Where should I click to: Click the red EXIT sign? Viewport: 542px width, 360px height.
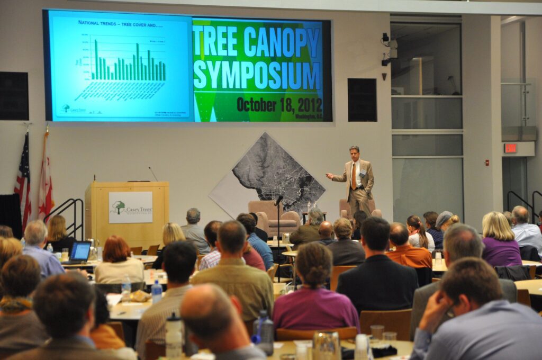(x=510, y=148)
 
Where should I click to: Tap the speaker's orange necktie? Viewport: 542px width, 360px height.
(x=354, y=176)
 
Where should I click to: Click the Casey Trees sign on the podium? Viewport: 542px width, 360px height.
(x=130, y=208)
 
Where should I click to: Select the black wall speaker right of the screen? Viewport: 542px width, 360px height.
(x=362, y=100)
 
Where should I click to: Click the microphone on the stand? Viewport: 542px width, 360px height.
(x=278, y=200)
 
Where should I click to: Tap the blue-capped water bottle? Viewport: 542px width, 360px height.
(x=156, y=291)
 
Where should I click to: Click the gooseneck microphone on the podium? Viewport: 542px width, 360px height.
(x=153, y=174)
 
